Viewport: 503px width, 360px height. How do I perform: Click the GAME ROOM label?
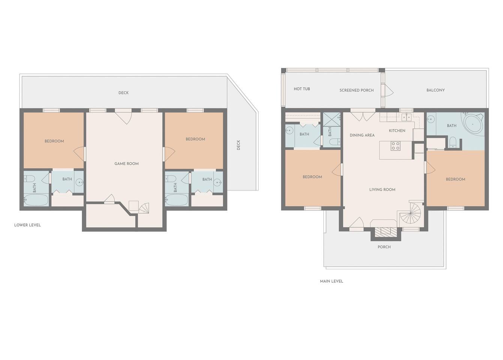126,164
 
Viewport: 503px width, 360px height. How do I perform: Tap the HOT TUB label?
302,89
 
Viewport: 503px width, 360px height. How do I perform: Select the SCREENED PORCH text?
356,90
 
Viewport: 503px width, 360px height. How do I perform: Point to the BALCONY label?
436,90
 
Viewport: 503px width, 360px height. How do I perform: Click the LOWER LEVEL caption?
27,225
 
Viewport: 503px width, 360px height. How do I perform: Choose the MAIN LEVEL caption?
331,281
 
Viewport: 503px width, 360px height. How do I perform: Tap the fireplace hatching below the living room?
386,232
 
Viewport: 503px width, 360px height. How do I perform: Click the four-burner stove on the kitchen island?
395,145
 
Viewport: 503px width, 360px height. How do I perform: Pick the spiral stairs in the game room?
144,208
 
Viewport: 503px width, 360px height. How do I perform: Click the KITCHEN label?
397,130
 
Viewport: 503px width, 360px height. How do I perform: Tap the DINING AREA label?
362,135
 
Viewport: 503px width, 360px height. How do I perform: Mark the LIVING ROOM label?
382,190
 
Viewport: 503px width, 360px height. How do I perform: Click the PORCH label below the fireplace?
384,247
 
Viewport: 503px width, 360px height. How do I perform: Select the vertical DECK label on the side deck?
238,145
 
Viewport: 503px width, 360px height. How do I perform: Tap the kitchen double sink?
406,117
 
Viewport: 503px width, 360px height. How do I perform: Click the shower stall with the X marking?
331,119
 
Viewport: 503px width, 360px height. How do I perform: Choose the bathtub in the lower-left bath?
36,200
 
